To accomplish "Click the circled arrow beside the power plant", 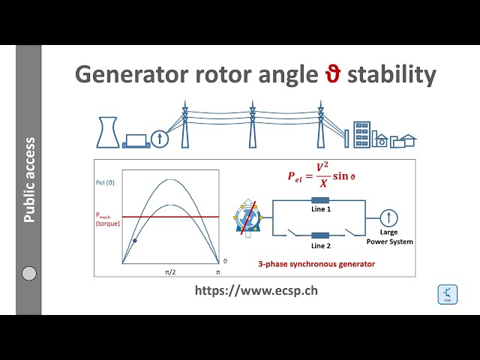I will (160, 138).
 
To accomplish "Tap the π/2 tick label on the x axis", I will (170, 271).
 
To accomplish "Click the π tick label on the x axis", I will (218, 271).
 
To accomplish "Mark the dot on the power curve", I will (134, 241).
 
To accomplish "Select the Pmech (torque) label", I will (106, 219).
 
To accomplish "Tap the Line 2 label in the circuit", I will (321, 245).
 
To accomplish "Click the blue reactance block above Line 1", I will (321, 200).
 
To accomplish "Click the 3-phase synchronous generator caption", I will (316, 265).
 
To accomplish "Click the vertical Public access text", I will (29, 180).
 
